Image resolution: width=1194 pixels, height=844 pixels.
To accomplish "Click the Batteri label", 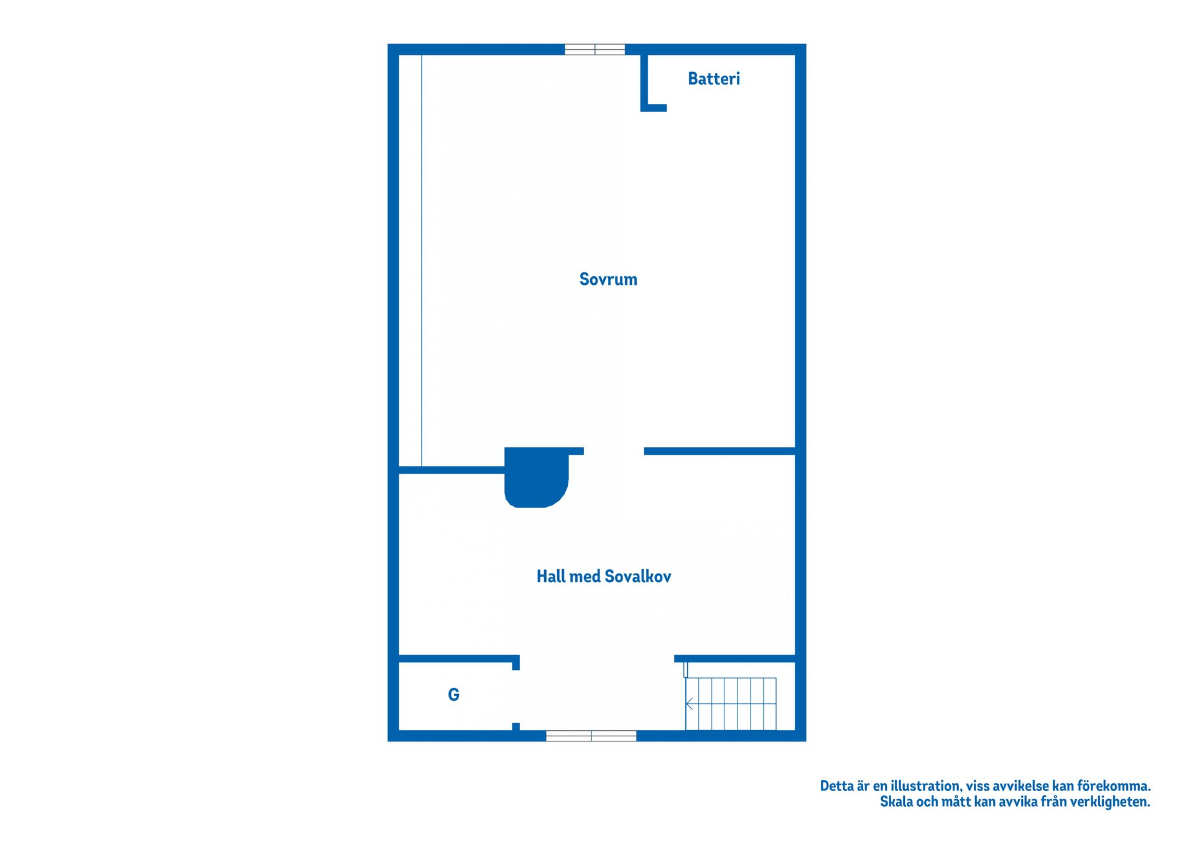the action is point(714,78).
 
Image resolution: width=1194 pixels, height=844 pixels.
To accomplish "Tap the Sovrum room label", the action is point(608,279).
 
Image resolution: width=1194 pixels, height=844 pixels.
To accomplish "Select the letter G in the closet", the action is point(454,695).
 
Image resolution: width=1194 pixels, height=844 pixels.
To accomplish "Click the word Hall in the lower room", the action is point(550,577).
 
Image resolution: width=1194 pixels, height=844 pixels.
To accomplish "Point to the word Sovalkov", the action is point(638,577).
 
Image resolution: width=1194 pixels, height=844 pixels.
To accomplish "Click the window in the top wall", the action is point(595,50).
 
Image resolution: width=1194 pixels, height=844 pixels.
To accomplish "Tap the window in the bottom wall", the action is point(591,736).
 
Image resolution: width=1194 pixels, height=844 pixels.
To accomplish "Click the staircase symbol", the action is point(731,703).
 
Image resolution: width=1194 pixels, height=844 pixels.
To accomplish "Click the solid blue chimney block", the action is point(536,477).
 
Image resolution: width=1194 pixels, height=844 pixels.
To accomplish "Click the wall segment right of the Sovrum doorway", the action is point(720,451).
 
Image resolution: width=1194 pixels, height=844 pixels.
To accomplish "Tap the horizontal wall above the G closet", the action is point(459,659).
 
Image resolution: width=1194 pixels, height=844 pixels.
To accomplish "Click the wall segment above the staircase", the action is point(735,659).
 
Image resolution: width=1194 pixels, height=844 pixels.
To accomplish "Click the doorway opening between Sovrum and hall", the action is point(614,451).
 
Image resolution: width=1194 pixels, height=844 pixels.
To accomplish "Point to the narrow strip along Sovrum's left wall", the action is point(410,261).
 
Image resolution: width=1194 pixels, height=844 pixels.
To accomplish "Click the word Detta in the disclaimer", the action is point(836,786).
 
